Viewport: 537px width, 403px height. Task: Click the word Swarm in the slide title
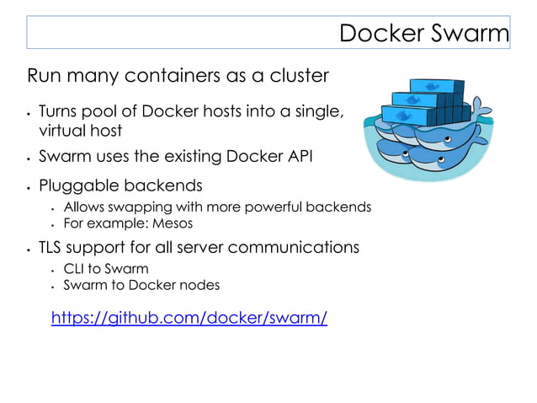coord(471,33)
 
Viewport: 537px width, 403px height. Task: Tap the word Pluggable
coord(78,185)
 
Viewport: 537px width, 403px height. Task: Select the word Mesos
coord(173,223)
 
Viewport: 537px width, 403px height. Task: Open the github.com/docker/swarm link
coord(189,318)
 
